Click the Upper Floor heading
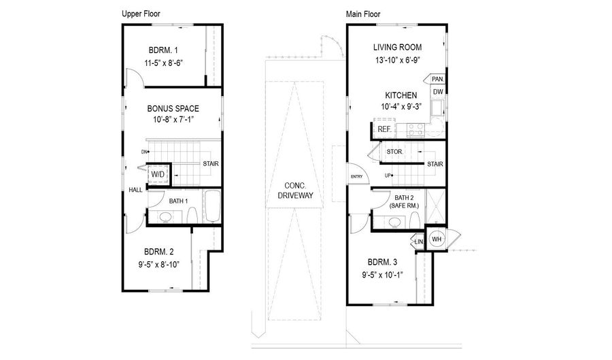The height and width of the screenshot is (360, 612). pyautogui.click(x=141, y=14)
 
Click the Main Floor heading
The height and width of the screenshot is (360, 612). pyautogui.click(x=363, y=14)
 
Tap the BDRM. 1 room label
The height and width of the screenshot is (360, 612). pyautogui.click(x=163, y=50)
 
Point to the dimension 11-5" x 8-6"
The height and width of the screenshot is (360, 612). pyautogui.click(x=163, y=63)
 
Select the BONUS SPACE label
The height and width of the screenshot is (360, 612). pyautogui.click(x=173, y=109)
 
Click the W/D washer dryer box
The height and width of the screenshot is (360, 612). pyautogui.click(x=158, y=174)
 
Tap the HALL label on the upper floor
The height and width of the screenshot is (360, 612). pyautogui.click(x=135, y=190)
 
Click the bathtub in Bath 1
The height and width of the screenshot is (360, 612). pyautogui.click(x=212, y=206)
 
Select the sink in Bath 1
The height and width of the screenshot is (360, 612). pyautogui.click(x=165, y=217)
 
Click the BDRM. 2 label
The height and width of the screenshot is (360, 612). pyautogui.click(x=159, y=252)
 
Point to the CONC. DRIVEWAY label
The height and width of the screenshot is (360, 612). pyautogui.click(x=296, y=191)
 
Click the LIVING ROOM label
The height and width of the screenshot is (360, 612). pyautogui.click(x=397, y=48)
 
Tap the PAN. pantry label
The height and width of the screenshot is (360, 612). pyautogui.click(x=438, y=79)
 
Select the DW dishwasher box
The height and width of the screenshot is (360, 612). pyautogui.click(x=439, y=92)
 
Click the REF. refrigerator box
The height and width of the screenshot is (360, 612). pyautogui.click(x=384, y=129)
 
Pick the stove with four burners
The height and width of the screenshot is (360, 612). pyautogui.click(x=415, y=129)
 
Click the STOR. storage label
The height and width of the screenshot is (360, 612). pyautogui.click(x=394, y=152)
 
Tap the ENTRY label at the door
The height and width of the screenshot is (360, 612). pyautogui.click(x=357, y=176)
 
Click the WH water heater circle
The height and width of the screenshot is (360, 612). pyautogui.click(x=437, y=239)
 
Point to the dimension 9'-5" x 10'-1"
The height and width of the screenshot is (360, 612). pyautogui.click(x=382, y=275)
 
